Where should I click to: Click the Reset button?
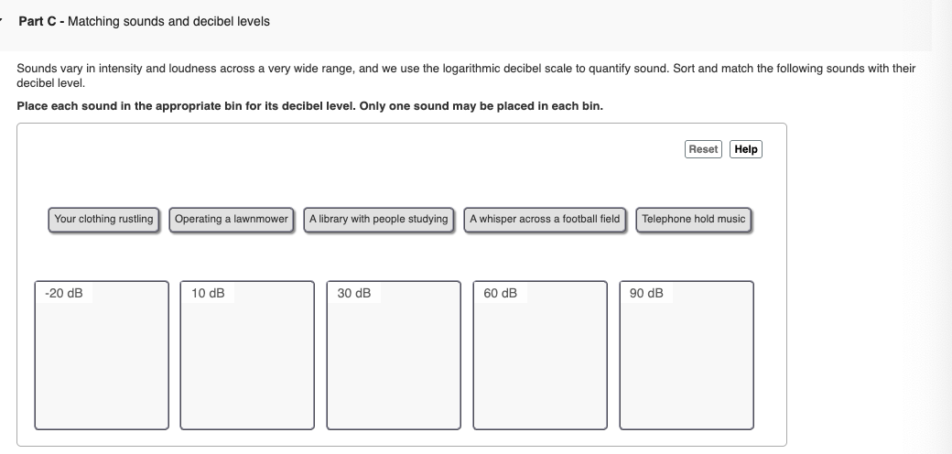703,149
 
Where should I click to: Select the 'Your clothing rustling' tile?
103,220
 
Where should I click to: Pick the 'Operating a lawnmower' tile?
231,220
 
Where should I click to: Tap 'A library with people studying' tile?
379,220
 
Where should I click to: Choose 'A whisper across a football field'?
545,220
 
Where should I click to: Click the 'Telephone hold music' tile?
694,220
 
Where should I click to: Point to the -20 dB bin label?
63,294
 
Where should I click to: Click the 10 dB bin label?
208,294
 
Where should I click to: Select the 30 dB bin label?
354,294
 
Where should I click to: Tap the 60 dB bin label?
501,294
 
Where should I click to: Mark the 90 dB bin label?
647,294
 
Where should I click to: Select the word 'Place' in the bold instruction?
32,105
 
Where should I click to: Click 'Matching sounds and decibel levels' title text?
168,21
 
